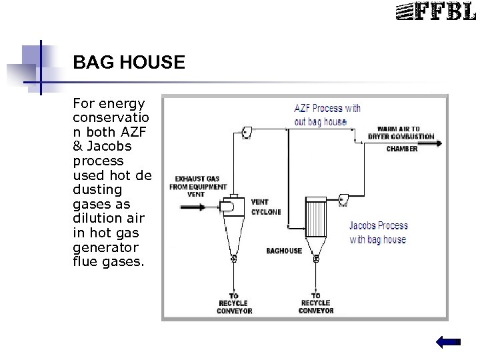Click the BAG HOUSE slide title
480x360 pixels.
pyautogui.click(x=129, y=63)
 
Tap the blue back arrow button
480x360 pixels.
pyautogui.click(x=448, y=342)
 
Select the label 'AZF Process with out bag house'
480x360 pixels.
pyautogui.click(x=327, y=115)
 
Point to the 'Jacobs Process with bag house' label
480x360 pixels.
pyautogui.click(x=378, y=233)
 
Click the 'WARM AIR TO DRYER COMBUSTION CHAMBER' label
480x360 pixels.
pyautogui.click(x=402, y=138)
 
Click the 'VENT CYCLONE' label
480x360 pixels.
pyautogui.click(x=265, y=207)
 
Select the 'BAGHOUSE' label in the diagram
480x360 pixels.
pyautogui.click(x=285, y=251)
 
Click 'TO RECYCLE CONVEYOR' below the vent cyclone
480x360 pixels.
pyautogui.click(x=234, y=303)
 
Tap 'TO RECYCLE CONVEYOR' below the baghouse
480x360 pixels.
pyautogui.click(x=315, y=303)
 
